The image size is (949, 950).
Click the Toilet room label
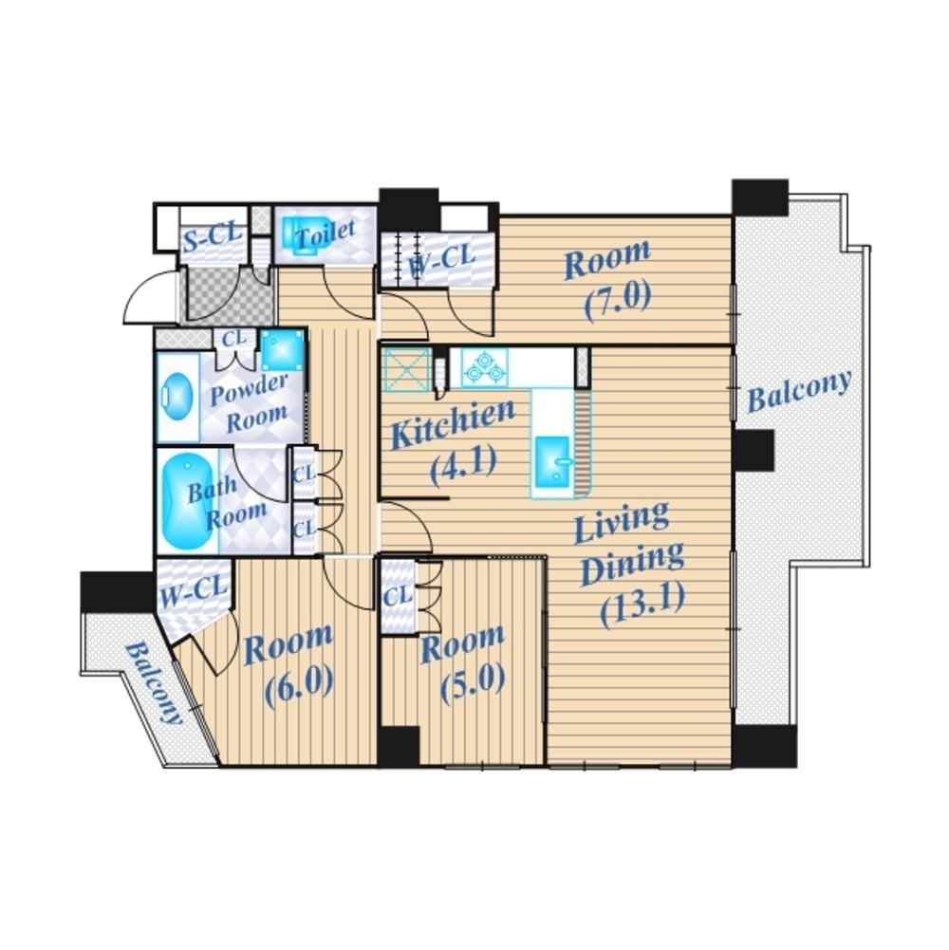click(325, 233)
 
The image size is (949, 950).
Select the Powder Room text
click(249, 403)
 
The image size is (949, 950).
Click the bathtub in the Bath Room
click(183, 501)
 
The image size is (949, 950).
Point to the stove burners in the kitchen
click(485, 367)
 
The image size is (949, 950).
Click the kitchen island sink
click(552, 461)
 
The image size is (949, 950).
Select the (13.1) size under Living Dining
click(643, 603)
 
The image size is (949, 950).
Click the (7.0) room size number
click(618, 300)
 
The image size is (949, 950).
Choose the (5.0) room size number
click(472, 682)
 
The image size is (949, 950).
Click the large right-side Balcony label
click(799, 391)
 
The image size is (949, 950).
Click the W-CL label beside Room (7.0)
click(441, 261)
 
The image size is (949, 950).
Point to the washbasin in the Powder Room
click(177, 398)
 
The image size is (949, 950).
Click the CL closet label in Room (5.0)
click(398, 596)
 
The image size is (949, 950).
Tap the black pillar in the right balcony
click(754, 451)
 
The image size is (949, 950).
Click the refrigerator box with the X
click(406, 370)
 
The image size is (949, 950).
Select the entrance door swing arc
click(140, 289)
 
